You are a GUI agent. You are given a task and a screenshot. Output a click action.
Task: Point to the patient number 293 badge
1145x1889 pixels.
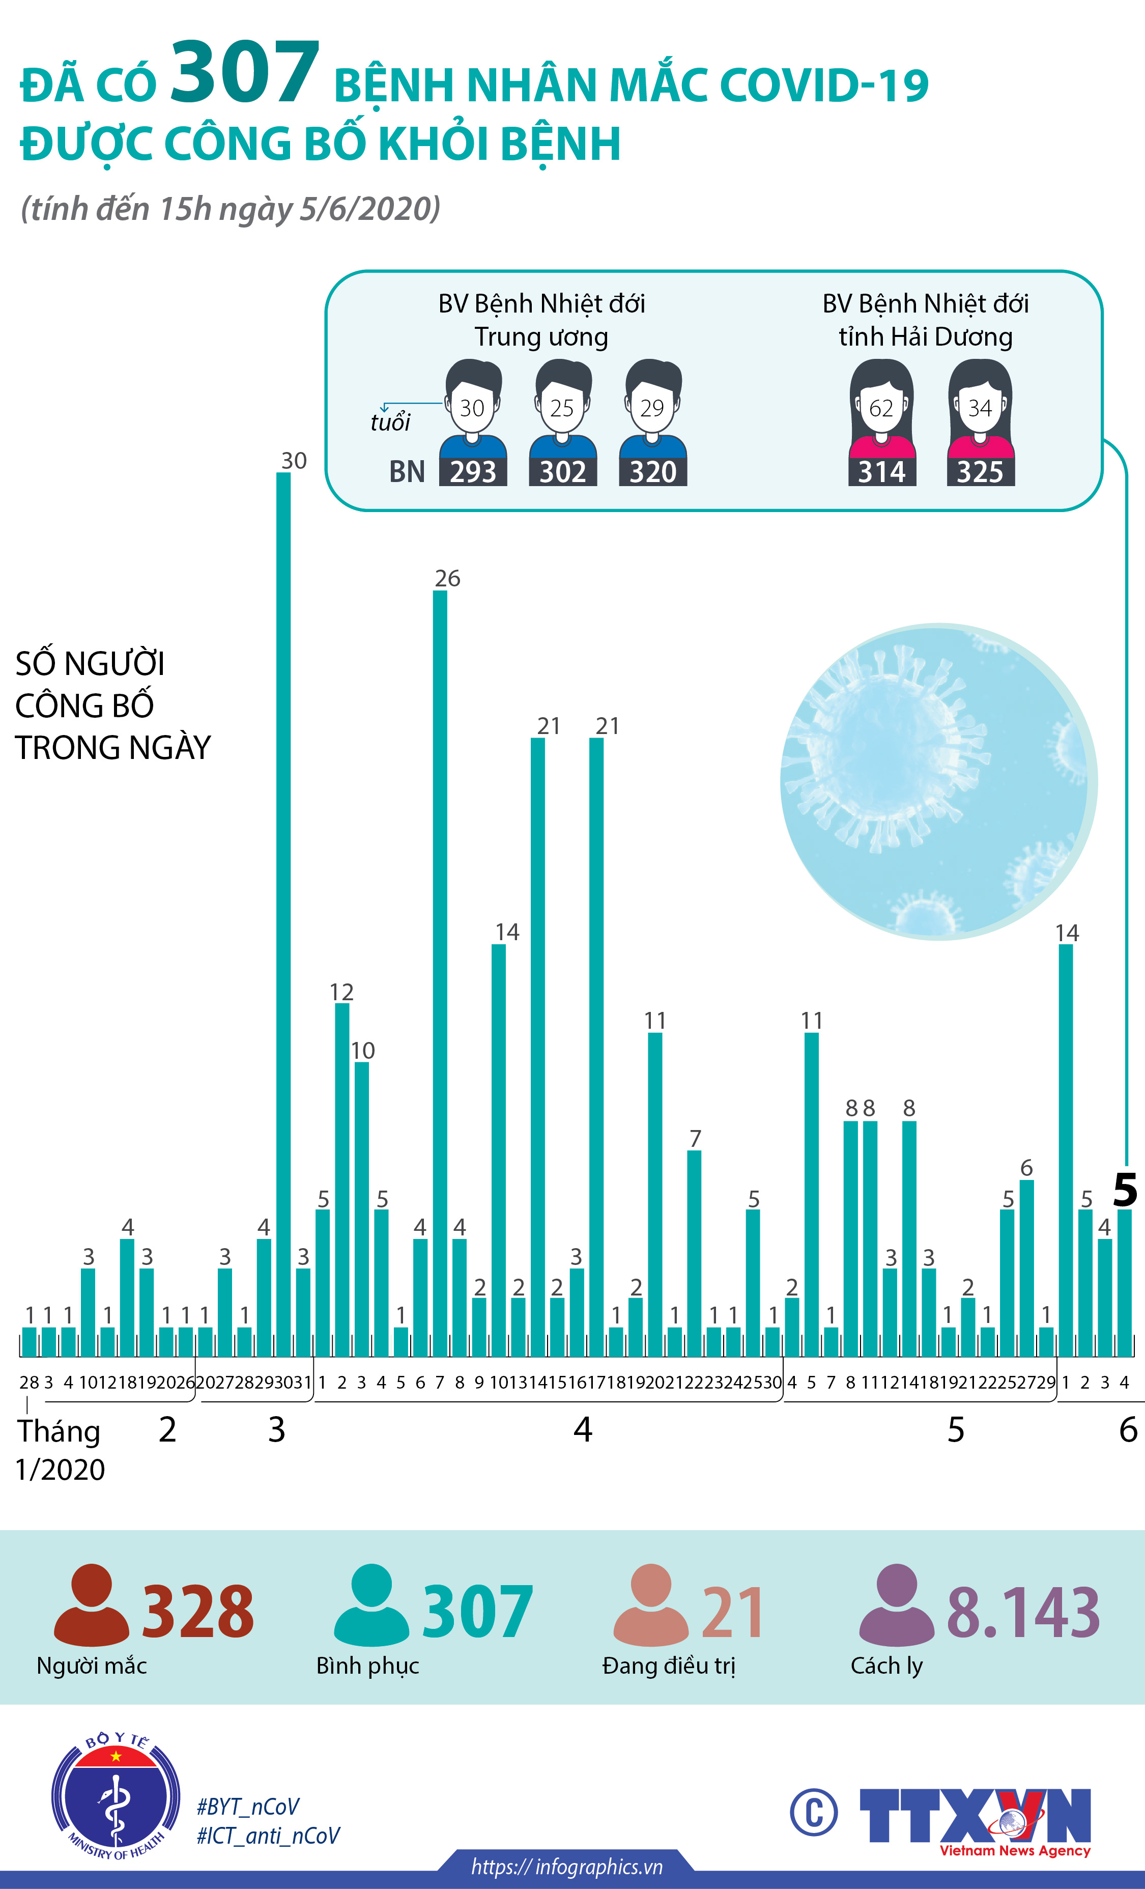473,471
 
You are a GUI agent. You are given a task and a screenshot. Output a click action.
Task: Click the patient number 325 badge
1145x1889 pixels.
980,471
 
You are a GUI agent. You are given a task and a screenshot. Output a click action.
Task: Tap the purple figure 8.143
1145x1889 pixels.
1023,1613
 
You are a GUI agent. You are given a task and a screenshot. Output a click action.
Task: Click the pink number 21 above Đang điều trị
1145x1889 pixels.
732,1613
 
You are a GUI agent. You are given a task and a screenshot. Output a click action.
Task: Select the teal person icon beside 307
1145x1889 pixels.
371,1605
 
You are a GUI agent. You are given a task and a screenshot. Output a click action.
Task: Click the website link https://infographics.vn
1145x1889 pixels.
566,1867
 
